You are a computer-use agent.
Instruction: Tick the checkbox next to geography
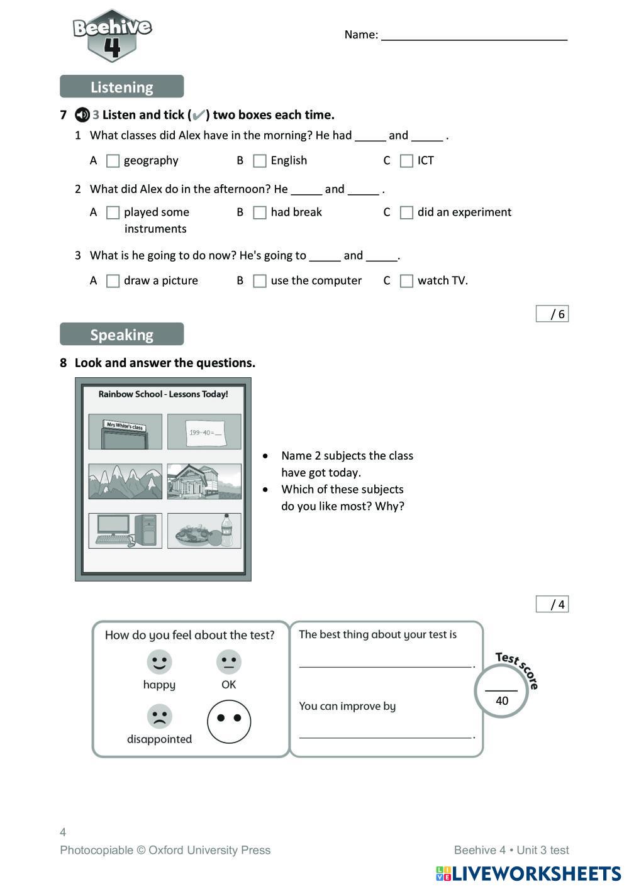coord(113,161)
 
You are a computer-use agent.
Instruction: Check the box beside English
coord(260,161)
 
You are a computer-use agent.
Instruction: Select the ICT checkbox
coord(407,161)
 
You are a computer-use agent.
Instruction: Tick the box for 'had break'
coord(260,213)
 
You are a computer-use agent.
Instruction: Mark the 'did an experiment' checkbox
coord(407,213)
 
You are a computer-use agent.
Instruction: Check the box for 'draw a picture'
coord(113,281)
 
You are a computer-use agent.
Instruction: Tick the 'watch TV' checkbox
coord(407,281)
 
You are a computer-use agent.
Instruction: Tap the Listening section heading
coord(121,87)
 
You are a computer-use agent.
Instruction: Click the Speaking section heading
coord(121,334)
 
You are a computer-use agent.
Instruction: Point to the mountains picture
coord(125,482)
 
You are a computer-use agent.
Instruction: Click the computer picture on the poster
coord(125,531)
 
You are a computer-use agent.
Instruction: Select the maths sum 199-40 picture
coord(204,432)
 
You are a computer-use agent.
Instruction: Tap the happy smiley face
coord(159,661)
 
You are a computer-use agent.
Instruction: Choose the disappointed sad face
coord(159,716)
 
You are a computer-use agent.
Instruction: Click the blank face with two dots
coord(229,721)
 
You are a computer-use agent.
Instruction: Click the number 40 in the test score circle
coord(502,701)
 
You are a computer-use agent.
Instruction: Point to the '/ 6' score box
coord(552,314)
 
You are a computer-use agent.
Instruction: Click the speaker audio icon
coord(82,115)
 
